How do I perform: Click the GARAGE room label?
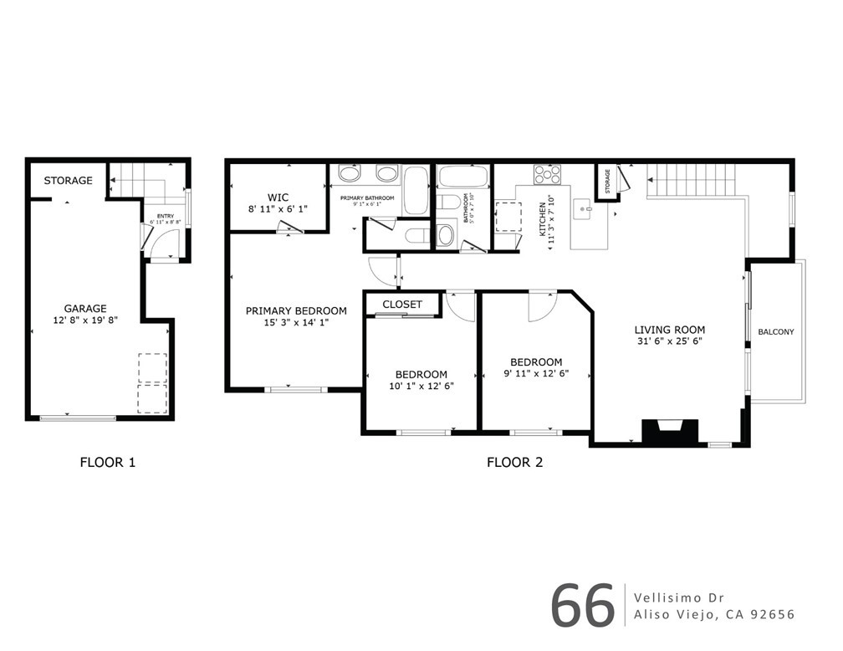(85, 309)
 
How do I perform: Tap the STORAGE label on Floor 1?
(68, 181)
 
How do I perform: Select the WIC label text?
(278, 197)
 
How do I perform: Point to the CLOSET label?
(402, 305)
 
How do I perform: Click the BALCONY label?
(776, 332)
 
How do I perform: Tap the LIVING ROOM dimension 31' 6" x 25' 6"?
(669, 341)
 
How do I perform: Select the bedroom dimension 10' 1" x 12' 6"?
(421, 386)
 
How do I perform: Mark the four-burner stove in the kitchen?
(548, 174)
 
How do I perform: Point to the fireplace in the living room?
(669, 431)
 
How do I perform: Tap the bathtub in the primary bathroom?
(416, 191)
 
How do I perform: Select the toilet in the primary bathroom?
(416, 237)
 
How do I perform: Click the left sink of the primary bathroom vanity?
(350, 175)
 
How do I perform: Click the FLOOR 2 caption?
(515, 462)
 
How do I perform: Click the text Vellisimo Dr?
(679, 597)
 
